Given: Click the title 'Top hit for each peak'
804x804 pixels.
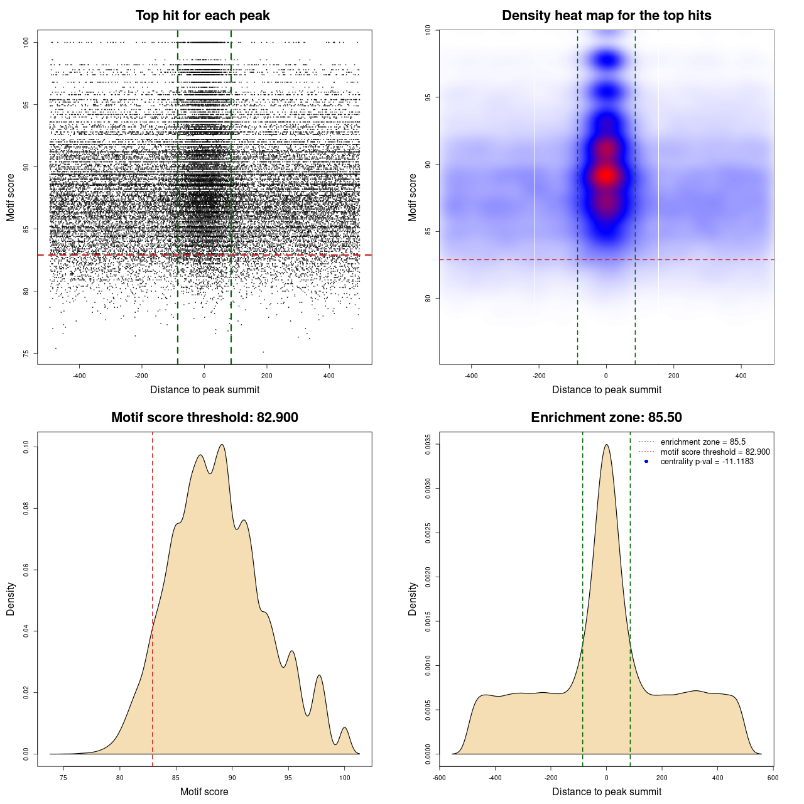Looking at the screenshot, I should tap(202, 16).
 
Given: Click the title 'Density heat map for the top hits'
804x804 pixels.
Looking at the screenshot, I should tap(606, 16).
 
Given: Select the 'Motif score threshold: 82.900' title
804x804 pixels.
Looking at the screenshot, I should tap(204, 418).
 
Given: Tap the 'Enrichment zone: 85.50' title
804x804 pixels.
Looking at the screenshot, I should tap(606, 418).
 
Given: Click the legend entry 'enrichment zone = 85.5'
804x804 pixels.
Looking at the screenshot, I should tap(702, 442).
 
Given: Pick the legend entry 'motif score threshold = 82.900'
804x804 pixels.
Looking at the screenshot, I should tap(715, 452).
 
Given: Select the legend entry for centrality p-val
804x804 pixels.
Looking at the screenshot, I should tap(707, 462).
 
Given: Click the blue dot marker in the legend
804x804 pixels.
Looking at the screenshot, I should tap(646, 462).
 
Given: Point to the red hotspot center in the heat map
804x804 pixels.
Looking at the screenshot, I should tap(606, 176).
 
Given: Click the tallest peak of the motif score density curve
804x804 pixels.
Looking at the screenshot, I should tap(222, 445).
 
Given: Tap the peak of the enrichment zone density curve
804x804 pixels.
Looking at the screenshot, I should tap(606, 445).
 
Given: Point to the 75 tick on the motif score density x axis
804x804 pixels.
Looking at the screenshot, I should tap(63, 778).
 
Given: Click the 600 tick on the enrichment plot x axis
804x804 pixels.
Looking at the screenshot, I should tap(773, 778).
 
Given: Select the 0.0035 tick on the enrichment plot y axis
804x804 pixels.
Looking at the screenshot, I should tap(428, 444).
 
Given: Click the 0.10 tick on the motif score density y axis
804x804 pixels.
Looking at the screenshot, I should tap(26, 447).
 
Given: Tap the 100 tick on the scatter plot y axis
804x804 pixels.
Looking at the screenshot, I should tap(26, 42).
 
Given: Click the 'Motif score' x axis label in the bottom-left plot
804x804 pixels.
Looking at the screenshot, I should tap(204, 791).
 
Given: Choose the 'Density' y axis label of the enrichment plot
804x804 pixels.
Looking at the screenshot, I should tap(413, 599).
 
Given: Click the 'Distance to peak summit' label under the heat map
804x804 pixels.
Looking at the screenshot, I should tap(606, 389).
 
